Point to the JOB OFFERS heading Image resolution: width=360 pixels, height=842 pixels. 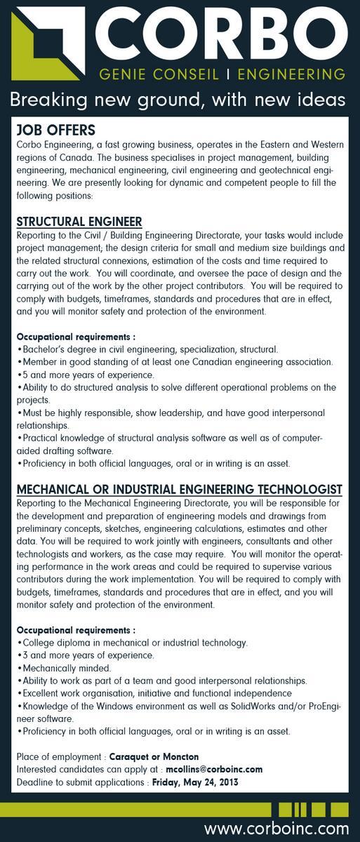click(x=55, y=131)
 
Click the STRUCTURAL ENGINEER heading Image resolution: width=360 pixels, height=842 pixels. click(x=79, y=222)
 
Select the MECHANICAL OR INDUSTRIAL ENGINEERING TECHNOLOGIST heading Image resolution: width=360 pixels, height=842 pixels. click(x=179, y=488)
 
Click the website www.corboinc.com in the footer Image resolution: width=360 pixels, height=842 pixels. click(x=276, y=829)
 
